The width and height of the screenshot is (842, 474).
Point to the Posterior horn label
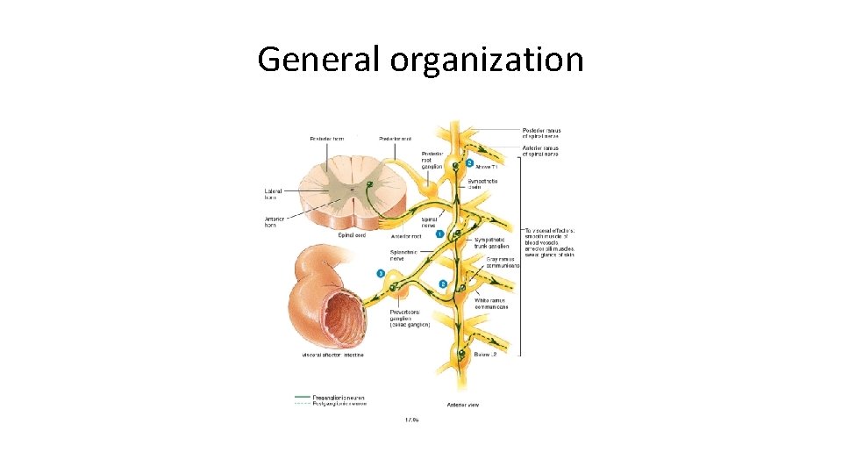326,139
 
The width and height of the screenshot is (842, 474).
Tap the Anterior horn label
275,221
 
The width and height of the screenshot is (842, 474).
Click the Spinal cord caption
352,234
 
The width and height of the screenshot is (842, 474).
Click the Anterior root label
407,235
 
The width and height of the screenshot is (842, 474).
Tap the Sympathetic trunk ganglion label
491,242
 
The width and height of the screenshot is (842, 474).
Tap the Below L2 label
485,355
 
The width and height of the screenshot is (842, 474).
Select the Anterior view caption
463,405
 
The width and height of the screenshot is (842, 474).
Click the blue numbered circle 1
439,233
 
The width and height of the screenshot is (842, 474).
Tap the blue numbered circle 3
381,274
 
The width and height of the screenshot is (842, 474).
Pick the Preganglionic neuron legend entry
339,398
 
